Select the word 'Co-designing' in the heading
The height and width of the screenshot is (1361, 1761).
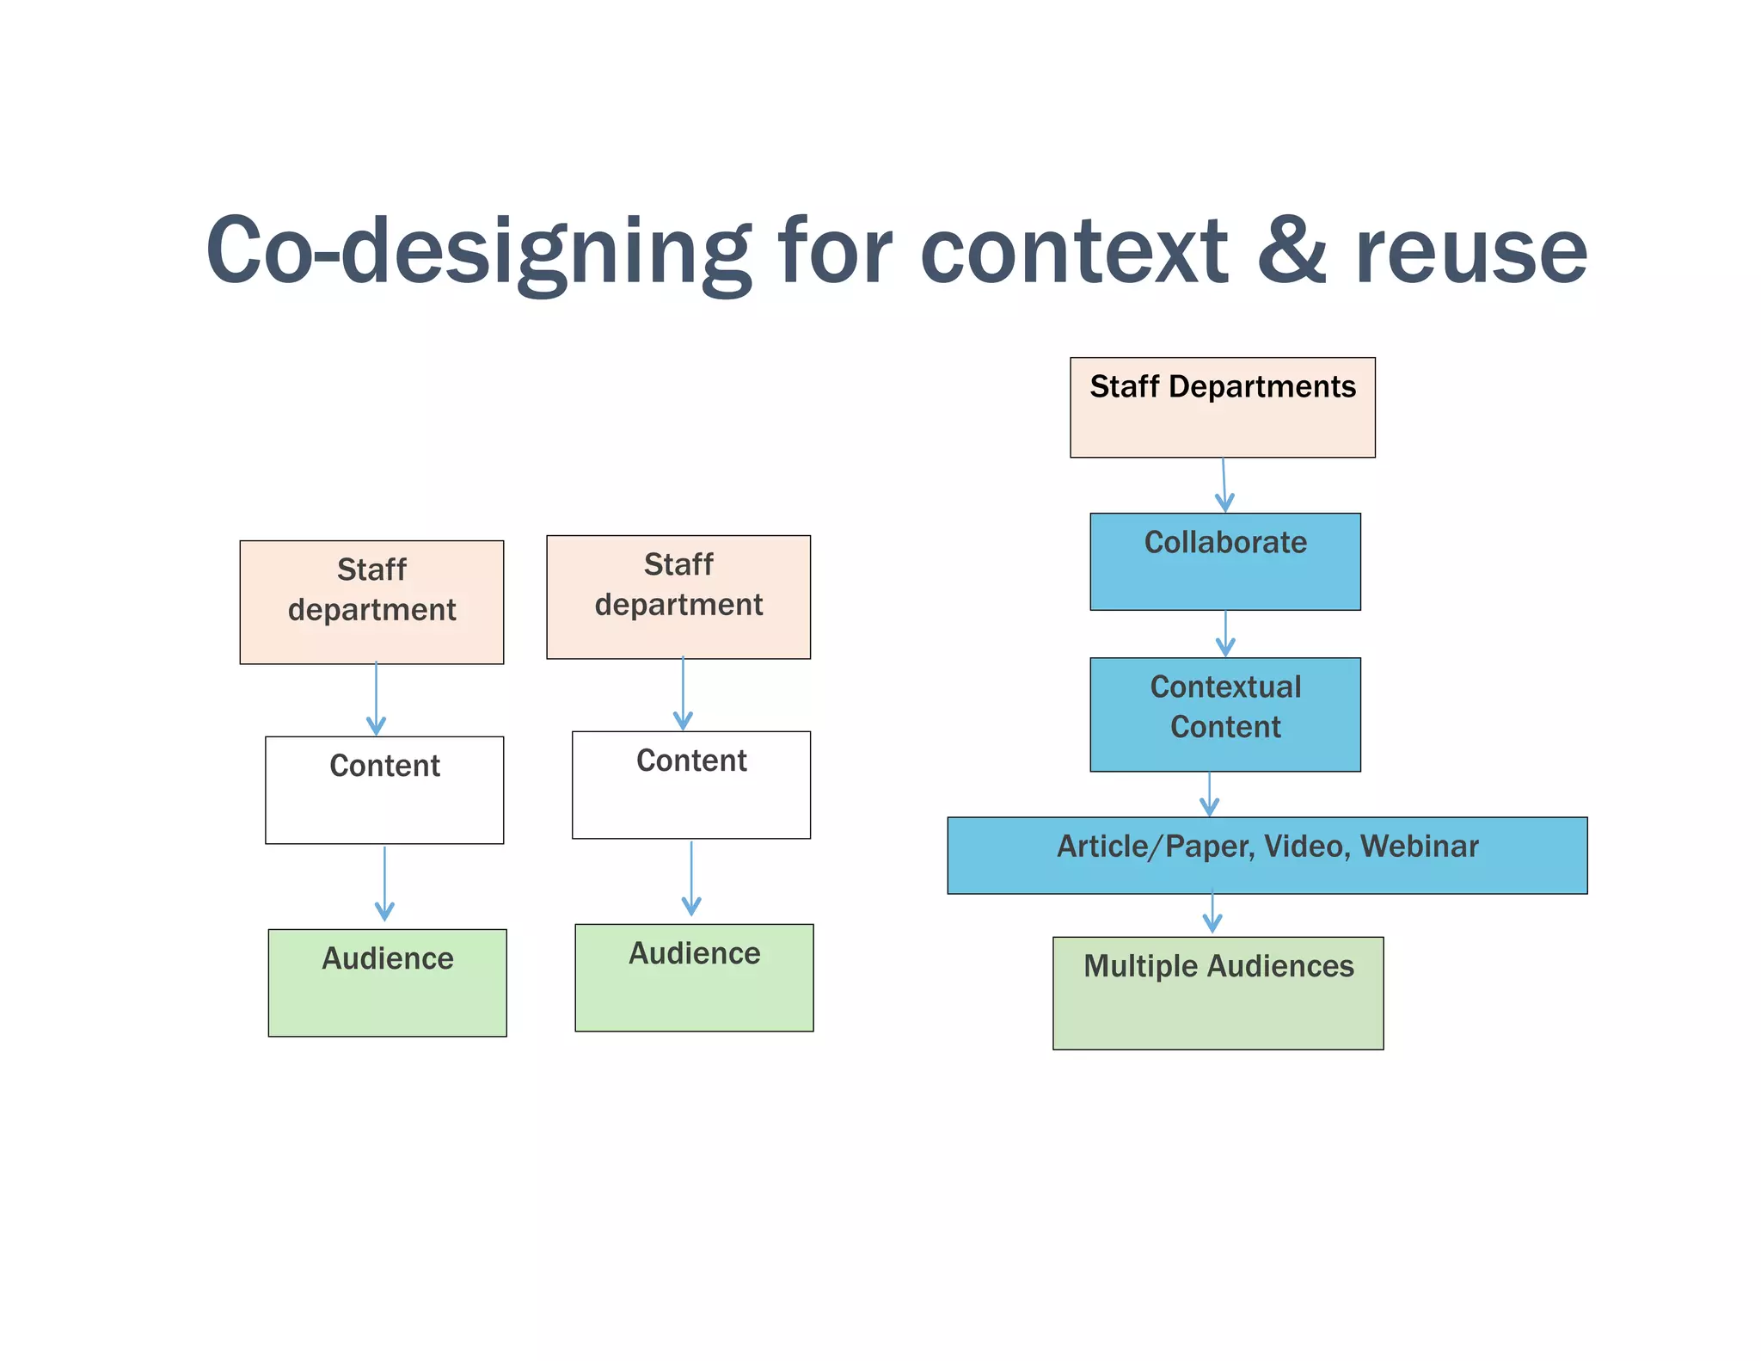(x=477, y=251)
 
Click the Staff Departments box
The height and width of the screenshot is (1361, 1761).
(x=1222, y=407)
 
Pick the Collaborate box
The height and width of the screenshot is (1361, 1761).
(x=1224, y=561)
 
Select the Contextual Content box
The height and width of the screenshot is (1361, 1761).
(x=1224, y=714)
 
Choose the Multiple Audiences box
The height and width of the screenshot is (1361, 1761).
(x=1218, y=992)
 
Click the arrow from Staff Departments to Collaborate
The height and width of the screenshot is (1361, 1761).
(x=1224, y=485)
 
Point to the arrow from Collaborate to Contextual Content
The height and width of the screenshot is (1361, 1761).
(x=1225, y=634)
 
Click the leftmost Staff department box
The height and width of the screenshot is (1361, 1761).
(x=371, y=601)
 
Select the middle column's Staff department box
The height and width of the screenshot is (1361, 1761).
(x=678, y=597)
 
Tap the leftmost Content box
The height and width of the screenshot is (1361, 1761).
(x=384, y=789)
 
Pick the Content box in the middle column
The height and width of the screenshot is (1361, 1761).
(x=691, y=785)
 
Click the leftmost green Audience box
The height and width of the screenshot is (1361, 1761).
(x=387, y=982)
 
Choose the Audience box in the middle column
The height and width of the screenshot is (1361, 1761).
(x=694, y=977)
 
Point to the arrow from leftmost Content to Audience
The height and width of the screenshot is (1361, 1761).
(x=384, y=884)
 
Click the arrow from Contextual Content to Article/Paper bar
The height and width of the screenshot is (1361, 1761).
(x=1210, y=794)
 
